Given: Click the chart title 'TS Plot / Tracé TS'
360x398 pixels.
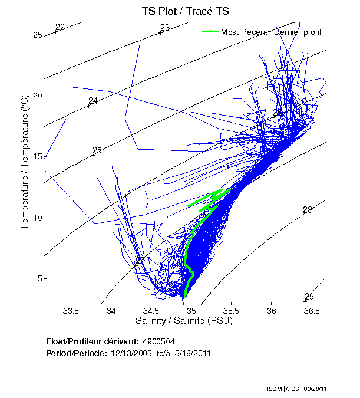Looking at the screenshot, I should [185, 11].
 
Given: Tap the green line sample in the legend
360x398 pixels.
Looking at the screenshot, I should [210, 32].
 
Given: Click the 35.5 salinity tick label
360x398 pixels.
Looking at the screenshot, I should [232, 311].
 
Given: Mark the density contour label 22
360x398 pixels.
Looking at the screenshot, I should [60, 27].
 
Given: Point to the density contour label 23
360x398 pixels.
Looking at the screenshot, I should [164, 28].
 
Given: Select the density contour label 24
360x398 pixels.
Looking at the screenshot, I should [93, 101].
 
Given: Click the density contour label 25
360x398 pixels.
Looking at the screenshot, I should [97, 150].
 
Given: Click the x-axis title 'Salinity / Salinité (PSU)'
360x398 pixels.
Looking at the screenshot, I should [184, 321].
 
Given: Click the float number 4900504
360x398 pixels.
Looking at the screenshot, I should [158, 341].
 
